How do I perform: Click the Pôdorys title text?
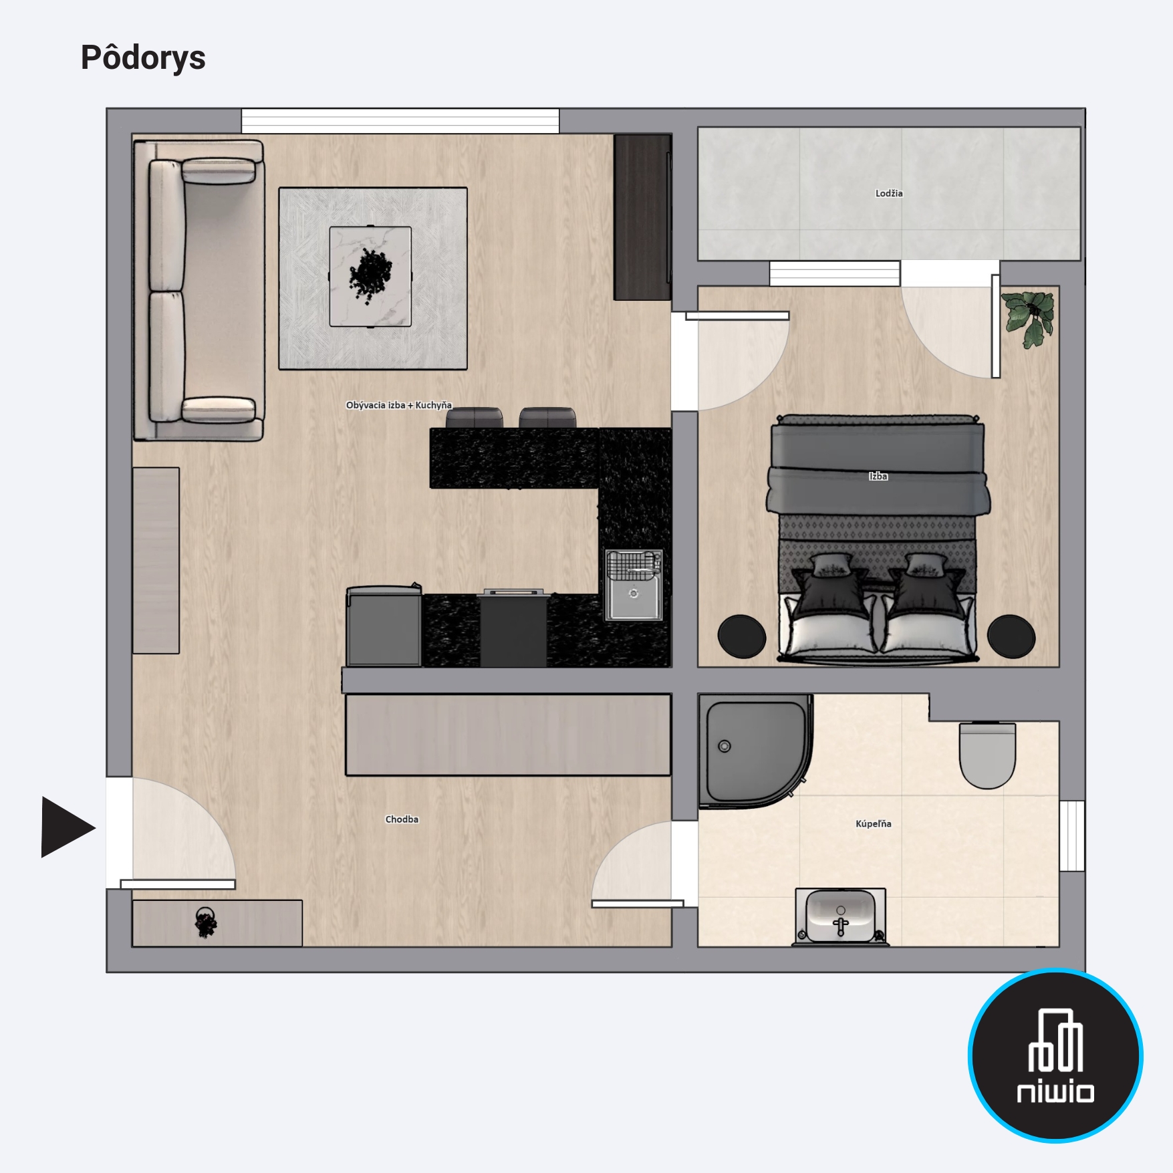(x=143, y=57)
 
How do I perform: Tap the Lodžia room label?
(x=889, y=193)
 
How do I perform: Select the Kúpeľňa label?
(x=874, y=823)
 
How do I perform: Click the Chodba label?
(x=402, y=819)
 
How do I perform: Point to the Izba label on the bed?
(x=878, y=476)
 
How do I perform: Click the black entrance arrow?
(x=68, y=827)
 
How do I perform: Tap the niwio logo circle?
(x=1055, y=1055)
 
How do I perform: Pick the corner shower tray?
(x=755, y=750)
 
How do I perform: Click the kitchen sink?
(x=634, y=585)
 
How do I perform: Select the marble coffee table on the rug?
(x=370, y=277)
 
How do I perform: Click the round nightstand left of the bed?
(x=742, y=636)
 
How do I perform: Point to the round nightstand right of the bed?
(x=1011, y=636)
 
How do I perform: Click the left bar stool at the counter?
(x=474, y=418)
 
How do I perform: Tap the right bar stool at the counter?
(x=547, y=418)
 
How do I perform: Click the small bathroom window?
(x=1072, y=835)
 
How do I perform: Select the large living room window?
(x=400, y=121)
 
